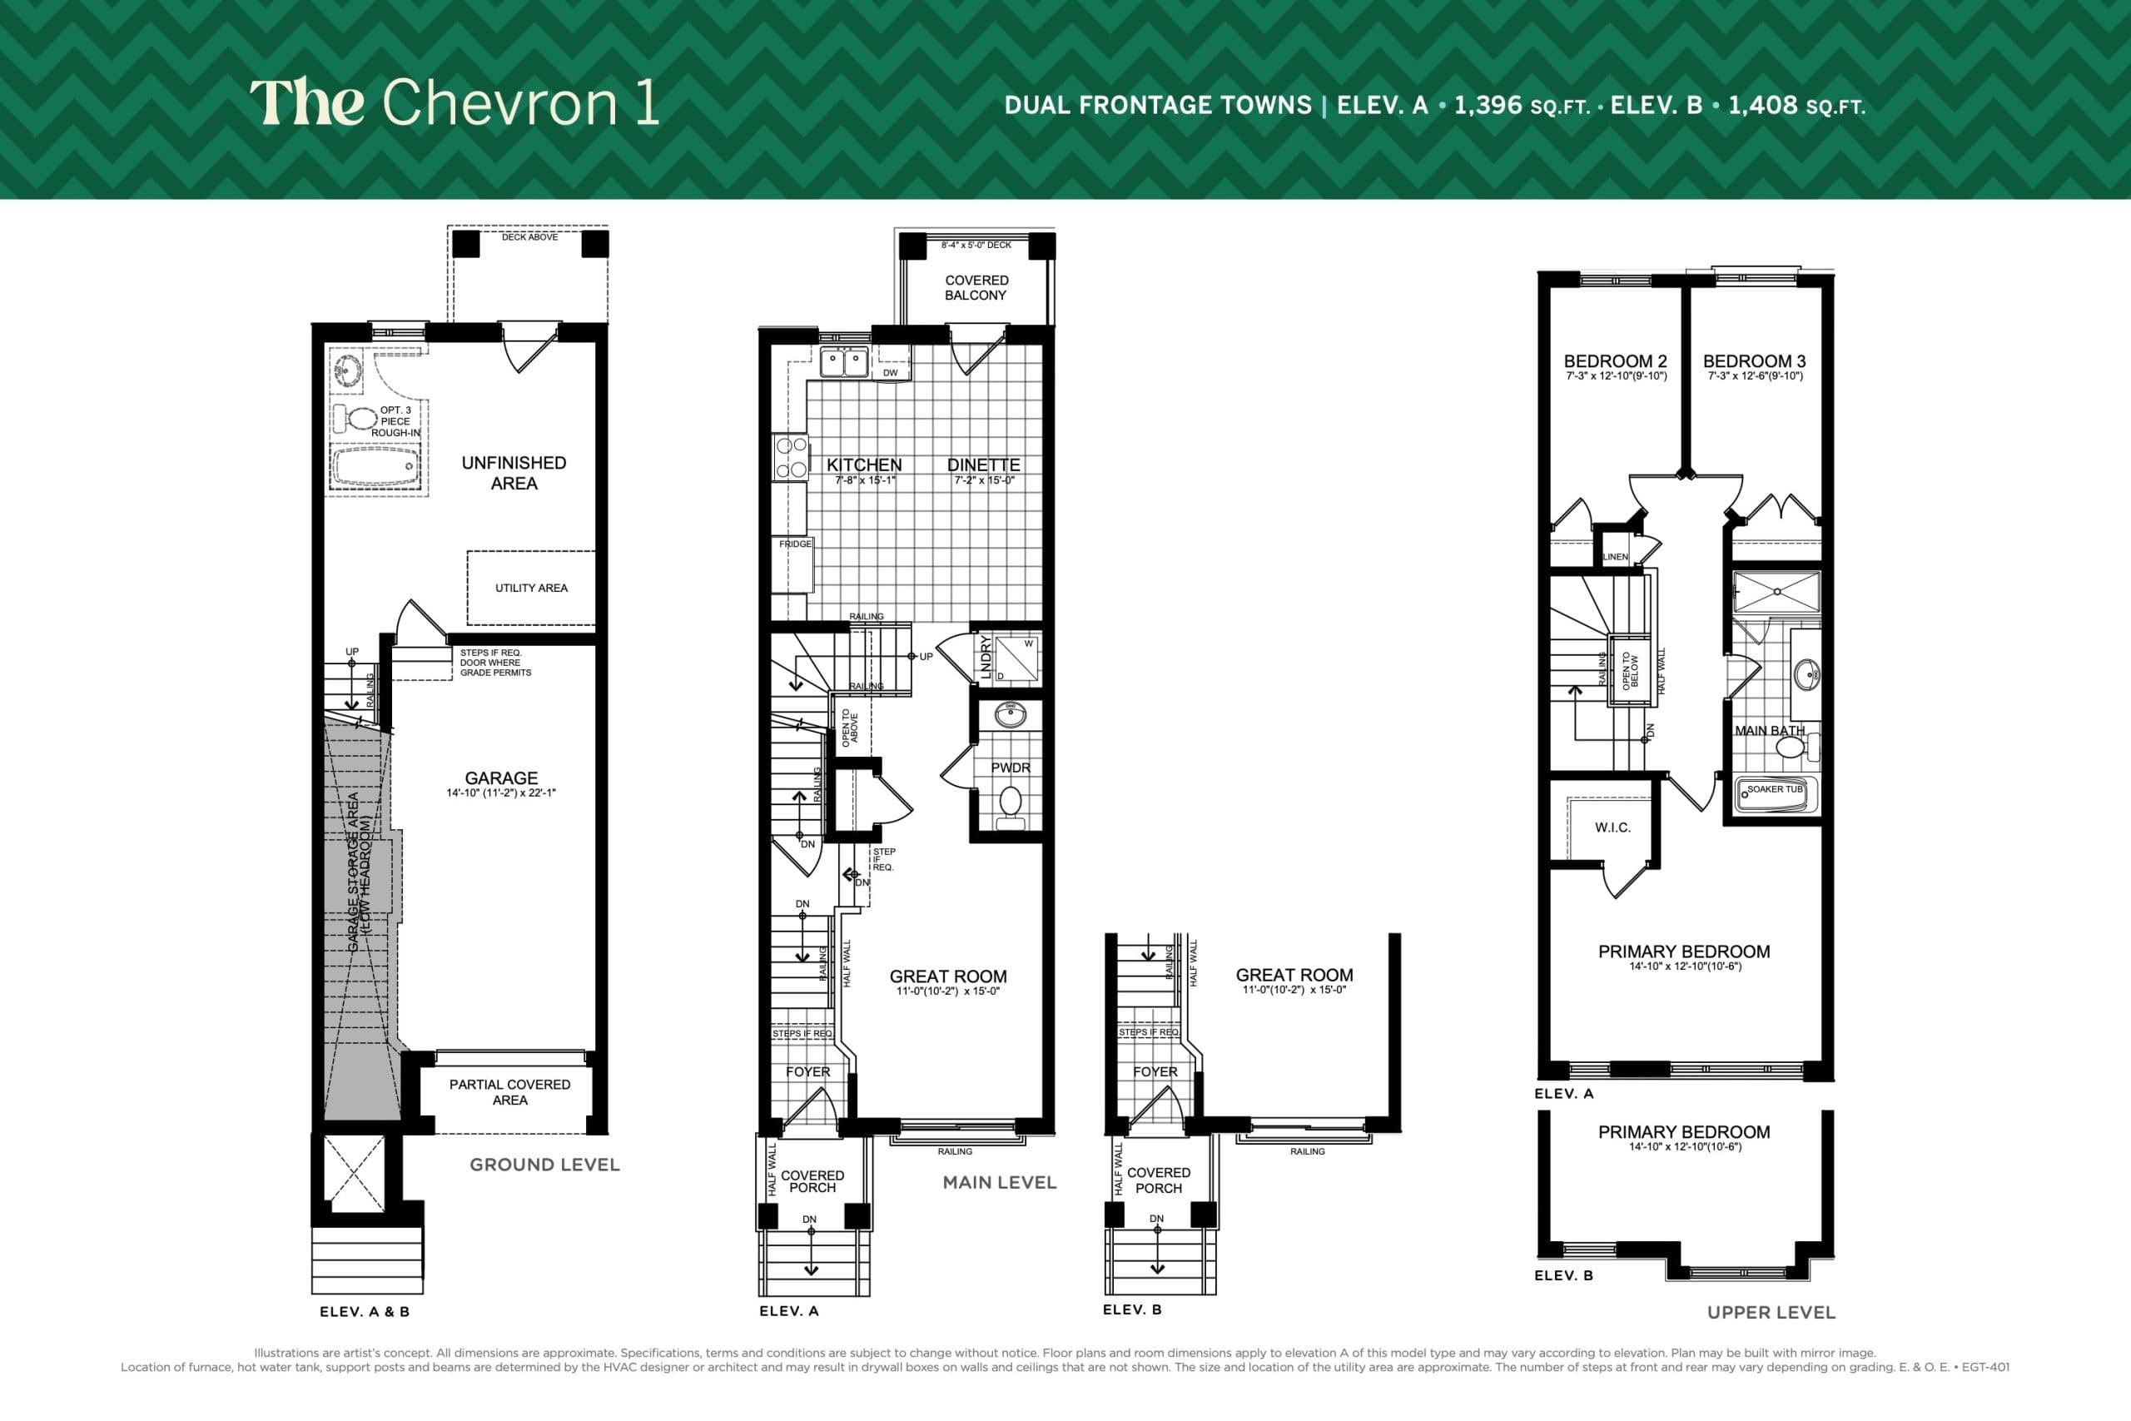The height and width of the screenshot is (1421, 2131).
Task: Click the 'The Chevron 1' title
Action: [x=454, y=102]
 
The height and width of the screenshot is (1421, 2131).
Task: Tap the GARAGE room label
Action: [x=501, y=778]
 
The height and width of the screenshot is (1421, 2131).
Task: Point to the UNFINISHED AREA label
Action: [x=514, y=473]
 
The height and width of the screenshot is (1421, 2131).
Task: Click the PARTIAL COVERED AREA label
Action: [x=509, y=1092]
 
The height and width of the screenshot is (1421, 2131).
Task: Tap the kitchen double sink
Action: [x=843, y=362]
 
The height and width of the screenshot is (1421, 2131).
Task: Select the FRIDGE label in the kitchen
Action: [x=795, y=544]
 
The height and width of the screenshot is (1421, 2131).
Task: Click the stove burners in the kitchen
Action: [x=790, y=458]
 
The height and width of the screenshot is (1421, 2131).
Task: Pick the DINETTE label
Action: [x=983, y=465]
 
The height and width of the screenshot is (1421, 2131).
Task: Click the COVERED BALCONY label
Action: [x=976, y=287]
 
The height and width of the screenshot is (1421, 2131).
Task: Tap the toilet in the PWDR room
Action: [x=1010, y=804]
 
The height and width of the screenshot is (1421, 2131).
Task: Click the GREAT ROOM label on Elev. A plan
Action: [x=948, y=976]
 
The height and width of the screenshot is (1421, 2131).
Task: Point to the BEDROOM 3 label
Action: [x=1754, y=360]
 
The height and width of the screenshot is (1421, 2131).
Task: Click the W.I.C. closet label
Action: [x=1612, y=827]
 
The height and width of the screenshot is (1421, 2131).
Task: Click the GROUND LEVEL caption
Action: [x=544, y=1165]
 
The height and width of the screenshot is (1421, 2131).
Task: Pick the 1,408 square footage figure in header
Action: [x=1762, y=105]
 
